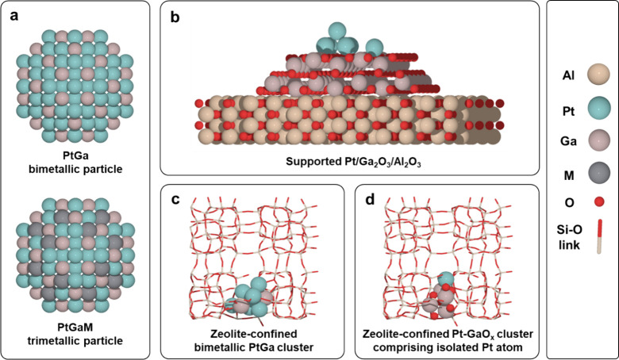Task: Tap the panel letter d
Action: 367,198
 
